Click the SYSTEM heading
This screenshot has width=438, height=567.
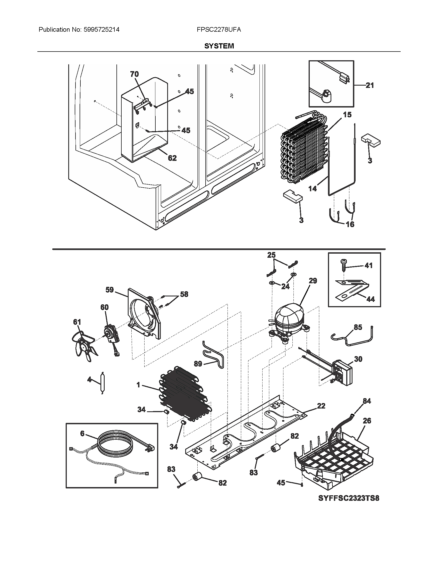point(219,46)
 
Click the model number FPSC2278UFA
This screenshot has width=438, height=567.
point(219,30)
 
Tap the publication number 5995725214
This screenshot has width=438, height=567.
point(102,30)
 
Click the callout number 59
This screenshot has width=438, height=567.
point(109,290)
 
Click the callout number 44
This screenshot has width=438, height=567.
point(370,299)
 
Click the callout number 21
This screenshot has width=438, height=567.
point(370,85)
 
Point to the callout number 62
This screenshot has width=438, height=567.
point(172,158)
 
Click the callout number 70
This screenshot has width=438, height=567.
point(134,74)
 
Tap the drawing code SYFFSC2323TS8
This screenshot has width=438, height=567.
point(349,498)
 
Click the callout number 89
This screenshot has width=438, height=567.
point(198,364)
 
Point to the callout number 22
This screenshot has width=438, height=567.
point(321,406)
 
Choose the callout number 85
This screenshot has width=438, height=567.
point(358,327)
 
